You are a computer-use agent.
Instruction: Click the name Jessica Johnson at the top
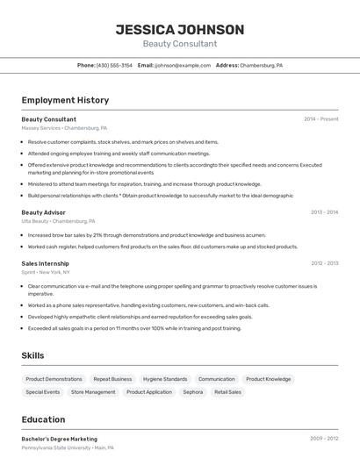pyautogui.click(x=180, y=30)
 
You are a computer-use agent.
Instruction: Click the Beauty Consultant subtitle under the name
pyautogui.click(x=180, y=44)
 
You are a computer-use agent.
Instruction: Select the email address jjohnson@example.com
pyautogui.click(x=183, y=66)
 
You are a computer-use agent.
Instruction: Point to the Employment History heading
pyautogui.click(x=65, y=101)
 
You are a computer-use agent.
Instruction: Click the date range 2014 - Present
pyautogui.click(x=320, y=119)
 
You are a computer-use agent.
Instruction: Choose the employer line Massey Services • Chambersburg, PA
pyautogui.click(x=64, y=128)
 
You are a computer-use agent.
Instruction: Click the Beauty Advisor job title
pyautogui.click(x=43, y=212)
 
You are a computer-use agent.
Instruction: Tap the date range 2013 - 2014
pyautogui.click(x=324, y=212)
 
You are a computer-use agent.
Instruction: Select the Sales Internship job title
pyautogui.click(x=45, y=263)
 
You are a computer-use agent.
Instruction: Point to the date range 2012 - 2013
pyautogui.click(x=324, y=263)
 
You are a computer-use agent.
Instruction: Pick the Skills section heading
pyautogui.click(x=33, y=355)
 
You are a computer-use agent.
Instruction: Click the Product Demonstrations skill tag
pyautogui.click(x=54, y=379)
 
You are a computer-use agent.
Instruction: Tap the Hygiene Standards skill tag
pyautogui.click(x=165, y=379)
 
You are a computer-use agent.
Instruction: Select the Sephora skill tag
pyautogui.click(x=192, y=392)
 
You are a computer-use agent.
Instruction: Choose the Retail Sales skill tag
pyautogui.click(x=227, y=392)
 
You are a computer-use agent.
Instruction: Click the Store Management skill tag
pyautogui.click(x=93, y=392)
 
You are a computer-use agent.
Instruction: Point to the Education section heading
pyautogui.click(x=43, y=419)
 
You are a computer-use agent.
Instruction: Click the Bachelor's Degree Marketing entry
pyautogui.click(x=59, y=439)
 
